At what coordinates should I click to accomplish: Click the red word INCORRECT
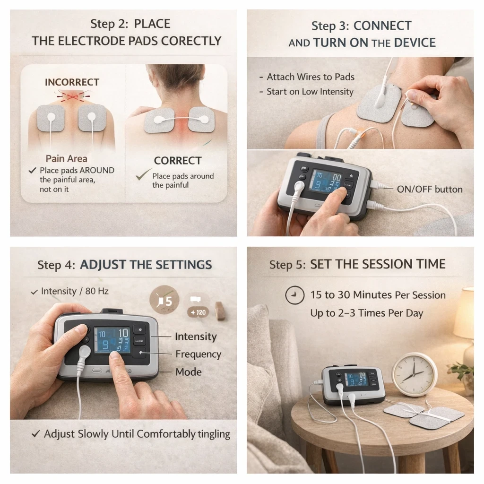click(72, 82)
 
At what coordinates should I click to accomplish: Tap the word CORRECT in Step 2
click(177, 161)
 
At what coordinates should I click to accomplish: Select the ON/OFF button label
click(429, 189)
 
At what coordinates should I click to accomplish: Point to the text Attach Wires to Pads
click(310, 77)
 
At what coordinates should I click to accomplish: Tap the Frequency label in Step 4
click(198, 354)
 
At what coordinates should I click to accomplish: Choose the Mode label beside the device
click(188, 372)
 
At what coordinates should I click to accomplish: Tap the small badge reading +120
click(199, 312)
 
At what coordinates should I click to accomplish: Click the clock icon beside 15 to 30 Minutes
click(294, 295)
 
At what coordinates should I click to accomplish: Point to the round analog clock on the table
click(415, 374)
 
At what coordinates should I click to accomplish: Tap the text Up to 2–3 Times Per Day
click(366, 313)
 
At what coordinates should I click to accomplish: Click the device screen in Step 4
click(112, 340)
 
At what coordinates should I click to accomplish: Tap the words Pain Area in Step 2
click(66, 158)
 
